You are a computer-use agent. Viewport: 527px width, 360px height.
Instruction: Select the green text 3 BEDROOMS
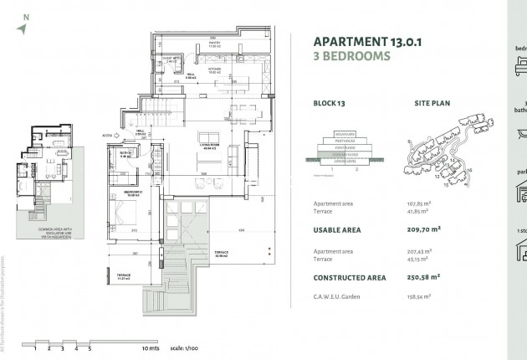pyautogui.click(x=351, y=57)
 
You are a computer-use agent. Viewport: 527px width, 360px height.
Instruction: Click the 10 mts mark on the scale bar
pyautogui.click(x=150, y=346)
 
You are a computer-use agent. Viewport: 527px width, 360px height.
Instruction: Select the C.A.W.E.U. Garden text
pyautogui.click(x=338, y=296)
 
